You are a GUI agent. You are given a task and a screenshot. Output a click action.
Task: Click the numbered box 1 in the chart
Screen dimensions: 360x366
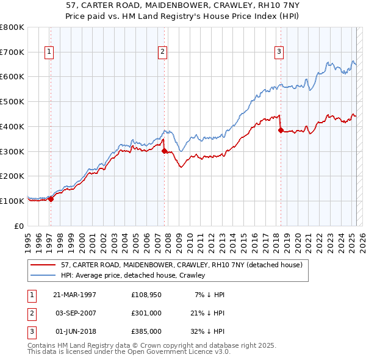point(48,52)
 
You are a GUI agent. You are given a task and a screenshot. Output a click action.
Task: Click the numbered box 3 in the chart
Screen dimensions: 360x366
point(279,52)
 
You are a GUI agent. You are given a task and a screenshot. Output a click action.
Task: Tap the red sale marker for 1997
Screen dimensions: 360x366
point(51,198)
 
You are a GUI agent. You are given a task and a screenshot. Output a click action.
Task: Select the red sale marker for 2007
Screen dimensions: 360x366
point(164,151)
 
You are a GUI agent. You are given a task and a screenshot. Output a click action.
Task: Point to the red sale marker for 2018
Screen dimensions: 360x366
point(280,130)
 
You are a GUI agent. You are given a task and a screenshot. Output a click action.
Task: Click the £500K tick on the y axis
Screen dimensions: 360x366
point(12,102)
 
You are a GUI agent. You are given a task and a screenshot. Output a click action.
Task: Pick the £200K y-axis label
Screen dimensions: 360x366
point(12,176)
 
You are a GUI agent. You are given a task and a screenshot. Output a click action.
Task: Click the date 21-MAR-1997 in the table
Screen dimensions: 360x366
point(74,295)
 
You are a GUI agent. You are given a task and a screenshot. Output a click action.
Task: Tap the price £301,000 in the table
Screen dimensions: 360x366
point(146,313)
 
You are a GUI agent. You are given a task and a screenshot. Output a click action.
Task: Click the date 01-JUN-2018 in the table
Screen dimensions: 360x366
point(74,331)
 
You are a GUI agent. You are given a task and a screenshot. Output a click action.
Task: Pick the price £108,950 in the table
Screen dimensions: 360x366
point(146,295)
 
